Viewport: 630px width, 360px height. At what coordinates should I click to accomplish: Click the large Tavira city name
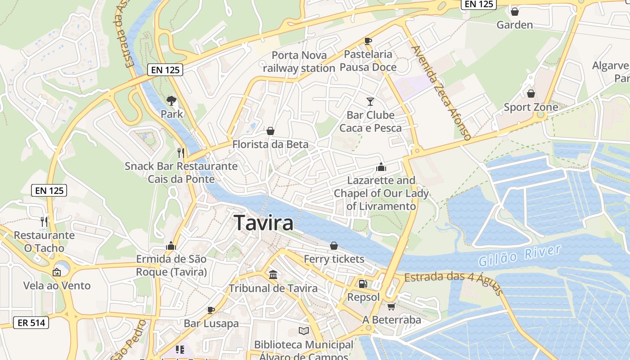pos(264,223)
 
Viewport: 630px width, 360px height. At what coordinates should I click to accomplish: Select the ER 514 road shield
pos(31,322)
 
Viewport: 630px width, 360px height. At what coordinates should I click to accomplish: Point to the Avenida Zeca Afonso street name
pos(441,92)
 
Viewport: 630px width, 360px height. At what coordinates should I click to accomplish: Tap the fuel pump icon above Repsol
pos(362,284)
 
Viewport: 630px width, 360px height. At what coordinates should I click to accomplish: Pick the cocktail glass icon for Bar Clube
pos(370,102)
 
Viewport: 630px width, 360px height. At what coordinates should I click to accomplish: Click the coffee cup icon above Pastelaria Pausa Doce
pos(368,41)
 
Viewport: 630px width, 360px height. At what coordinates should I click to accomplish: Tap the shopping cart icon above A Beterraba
pos(391,306)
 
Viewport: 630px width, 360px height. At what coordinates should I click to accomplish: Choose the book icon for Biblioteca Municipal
pos(304,331)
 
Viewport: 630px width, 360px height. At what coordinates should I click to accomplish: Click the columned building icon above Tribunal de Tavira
pos(273,274)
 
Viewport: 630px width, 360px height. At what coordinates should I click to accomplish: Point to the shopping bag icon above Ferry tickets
pos(334,246)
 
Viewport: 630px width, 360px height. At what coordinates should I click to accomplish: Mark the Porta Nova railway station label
pos(299,62)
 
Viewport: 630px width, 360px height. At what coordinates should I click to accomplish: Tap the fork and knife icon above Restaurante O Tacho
pos(44,221)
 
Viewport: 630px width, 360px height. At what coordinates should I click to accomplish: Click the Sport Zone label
pos(531,107)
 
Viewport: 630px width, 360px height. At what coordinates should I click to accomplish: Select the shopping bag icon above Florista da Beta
pos(270,131)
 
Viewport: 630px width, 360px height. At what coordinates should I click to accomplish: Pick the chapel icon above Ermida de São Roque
pos(171,246)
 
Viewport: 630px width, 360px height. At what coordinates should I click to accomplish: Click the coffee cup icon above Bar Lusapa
pos(211,310)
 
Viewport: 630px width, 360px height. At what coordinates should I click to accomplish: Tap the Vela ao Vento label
pos(57,285)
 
